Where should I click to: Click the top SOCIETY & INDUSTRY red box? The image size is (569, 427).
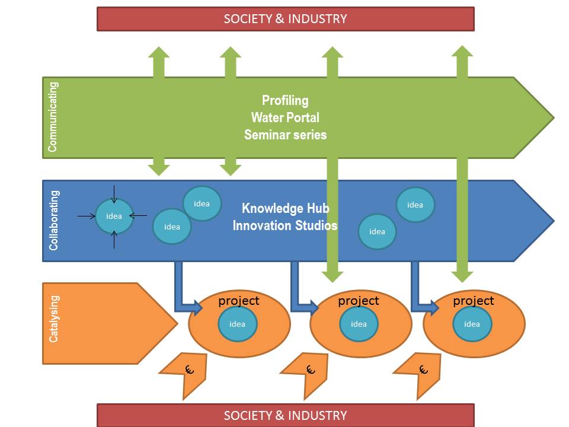[x=285, y=18]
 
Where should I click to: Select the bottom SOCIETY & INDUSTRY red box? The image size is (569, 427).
[x=285, y=415]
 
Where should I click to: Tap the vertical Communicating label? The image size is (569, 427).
[x=53, y=117]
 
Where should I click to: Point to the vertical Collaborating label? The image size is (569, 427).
[x=53, y=220]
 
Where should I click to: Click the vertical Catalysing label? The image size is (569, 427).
[x=53, y=323]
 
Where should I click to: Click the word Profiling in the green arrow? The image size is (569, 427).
[x=285, y=100]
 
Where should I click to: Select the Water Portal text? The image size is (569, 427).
[x=285, y=117]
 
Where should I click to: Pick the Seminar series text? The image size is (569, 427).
[x=285, y=135]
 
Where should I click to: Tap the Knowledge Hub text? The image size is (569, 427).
[x=285, y=208]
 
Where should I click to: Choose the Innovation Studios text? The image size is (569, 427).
[x=285, y=225]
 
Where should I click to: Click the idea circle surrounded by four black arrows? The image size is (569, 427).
[x=114, y=216]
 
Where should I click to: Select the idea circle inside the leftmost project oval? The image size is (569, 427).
[x=237, y=324]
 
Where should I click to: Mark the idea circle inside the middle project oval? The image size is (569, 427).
[x=359, y=324]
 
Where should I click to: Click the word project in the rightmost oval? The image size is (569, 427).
[x=473, y=301]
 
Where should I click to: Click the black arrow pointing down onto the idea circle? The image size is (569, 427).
[x=114, y=193]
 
